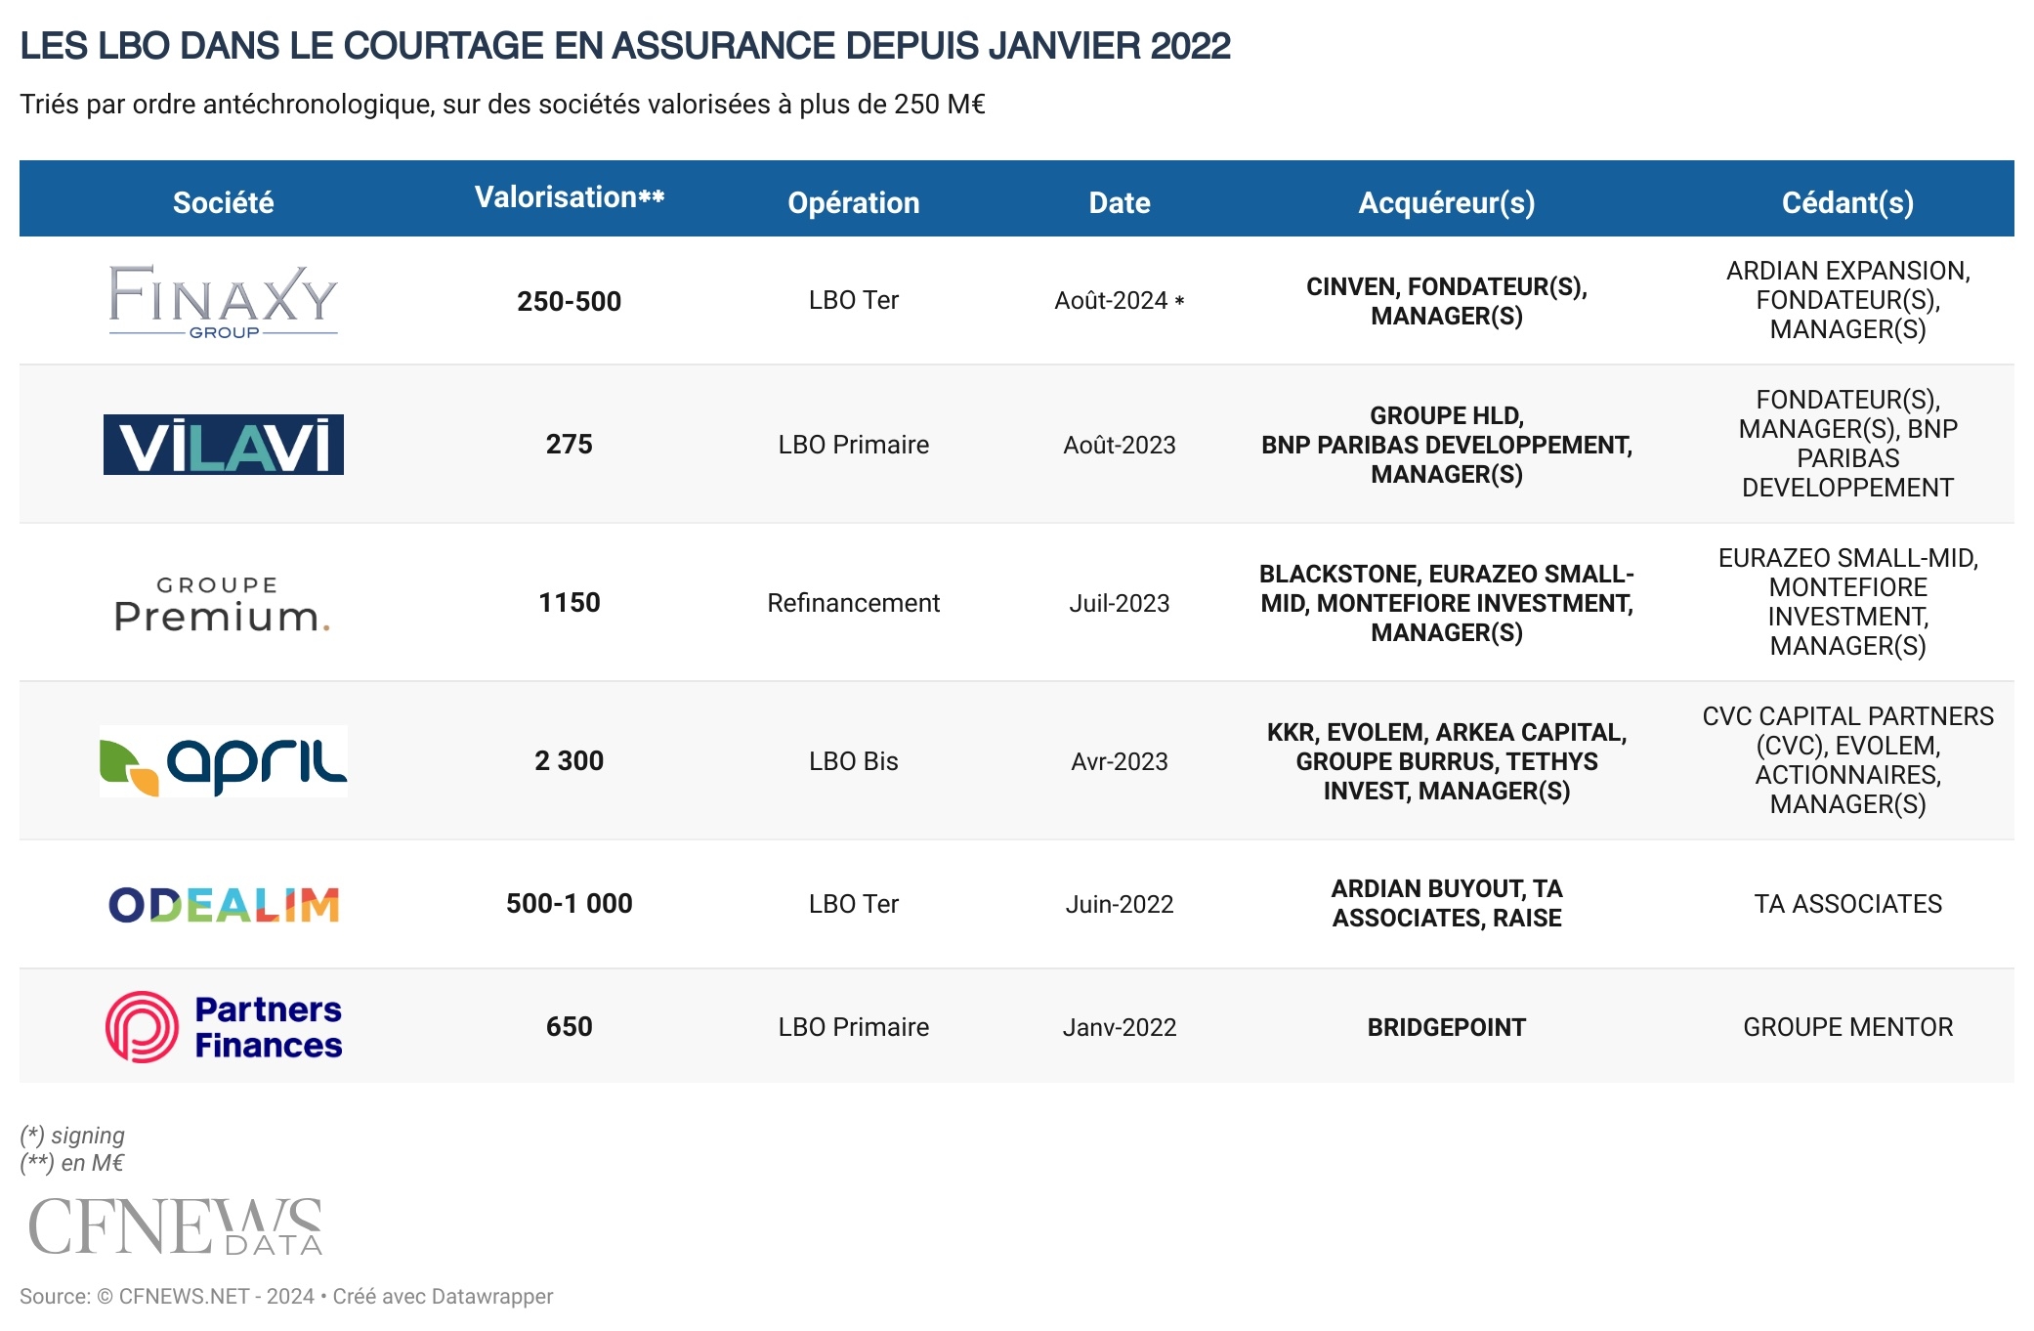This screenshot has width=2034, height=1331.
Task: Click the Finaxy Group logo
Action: (223, 301)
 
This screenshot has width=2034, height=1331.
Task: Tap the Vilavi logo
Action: (223, 445)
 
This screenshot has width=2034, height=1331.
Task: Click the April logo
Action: (223, 761)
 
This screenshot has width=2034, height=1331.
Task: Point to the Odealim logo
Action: (223, 905)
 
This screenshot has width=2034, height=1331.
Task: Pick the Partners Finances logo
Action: (223, 1027)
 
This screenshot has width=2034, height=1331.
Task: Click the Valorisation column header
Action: (569, 198)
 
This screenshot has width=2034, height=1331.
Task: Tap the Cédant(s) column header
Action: (1846, 202)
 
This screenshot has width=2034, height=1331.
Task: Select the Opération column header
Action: (853, 202)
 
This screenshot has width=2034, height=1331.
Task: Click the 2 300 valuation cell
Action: (569, 761)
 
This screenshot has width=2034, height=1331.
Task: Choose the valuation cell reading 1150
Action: (569, 603)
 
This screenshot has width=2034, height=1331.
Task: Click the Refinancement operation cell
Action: (853, 603)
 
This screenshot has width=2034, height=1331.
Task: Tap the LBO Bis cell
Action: (853, 761)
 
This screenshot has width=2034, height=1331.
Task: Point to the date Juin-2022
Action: (1119, 904)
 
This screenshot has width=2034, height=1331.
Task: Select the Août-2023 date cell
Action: (1119, 445)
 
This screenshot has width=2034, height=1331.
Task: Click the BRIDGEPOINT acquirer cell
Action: (1446, 1027)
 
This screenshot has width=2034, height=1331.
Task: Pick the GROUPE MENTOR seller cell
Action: (1846, 1027)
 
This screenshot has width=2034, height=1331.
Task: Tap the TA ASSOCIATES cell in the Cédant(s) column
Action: (1846, 904)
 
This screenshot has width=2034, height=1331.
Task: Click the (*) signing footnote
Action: (72, 1136)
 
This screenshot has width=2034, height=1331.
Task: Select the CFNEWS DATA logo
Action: (176, 1226)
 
